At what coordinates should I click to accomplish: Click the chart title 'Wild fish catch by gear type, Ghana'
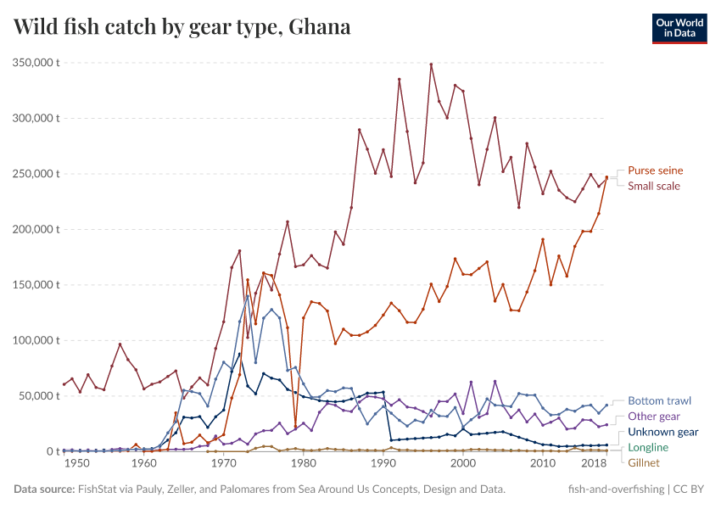point(182,27)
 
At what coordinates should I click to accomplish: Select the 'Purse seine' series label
point(655,171)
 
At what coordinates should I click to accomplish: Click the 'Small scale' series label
point(653,186)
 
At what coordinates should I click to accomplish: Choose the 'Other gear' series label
point(654,417)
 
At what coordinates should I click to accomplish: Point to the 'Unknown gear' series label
point(662,432)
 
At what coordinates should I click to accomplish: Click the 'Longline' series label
point(648,447)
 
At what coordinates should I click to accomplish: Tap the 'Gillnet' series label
point(644,462)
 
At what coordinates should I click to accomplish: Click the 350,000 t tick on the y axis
point(35,63)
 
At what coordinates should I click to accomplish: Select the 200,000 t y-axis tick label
point(35,229)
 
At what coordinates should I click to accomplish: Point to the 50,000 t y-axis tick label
point(38,396)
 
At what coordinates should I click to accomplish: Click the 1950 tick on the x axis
point(77,465)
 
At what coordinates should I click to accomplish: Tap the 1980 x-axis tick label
point(303,465)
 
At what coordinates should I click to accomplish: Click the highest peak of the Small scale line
point(431,64)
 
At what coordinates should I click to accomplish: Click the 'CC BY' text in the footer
point(691,489)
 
